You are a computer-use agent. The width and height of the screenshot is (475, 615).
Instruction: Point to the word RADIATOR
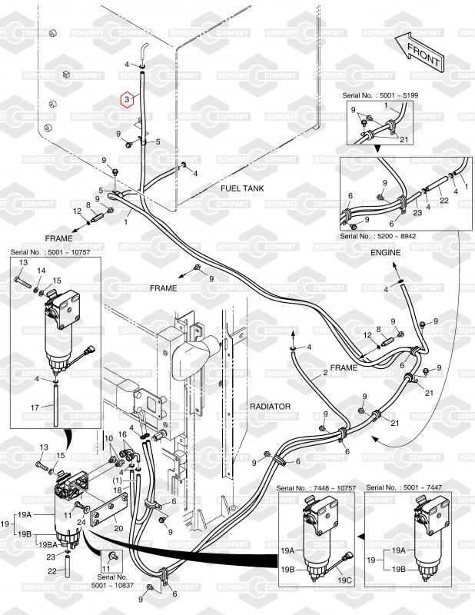(269, 405)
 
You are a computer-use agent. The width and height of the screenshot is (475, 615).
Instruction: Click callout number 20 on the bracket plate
(118, 528)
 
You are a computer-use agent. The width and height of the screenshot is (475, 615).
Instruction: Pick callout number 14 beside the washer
(41, 271)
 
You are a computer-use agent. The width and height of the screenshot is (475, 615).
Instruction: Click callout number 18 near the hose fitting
(118, 489)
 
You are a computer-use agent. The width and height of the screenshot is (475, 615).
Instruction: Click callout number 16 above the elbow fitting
(122, 434)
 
